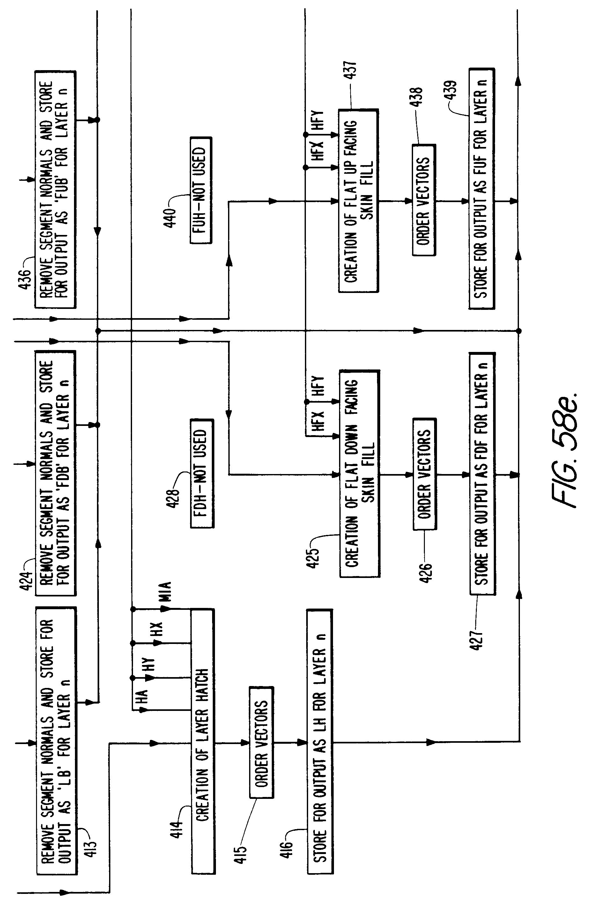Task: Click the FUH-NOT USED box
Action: coord(201,190)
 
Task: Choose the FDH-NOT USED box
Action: coord(202,473)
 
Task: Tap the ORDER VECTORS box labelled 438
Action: coord(424,200)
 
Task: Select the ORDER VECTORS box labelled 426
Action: coord(425,474)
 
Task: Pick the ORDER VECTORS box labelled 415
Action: coord(262,742)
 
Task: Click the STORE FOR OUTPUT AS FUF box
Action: coord(481,189)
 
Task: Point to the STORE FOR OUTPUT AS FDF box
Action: coord(482,473)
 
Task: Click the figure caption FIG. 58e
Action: coord(564,449)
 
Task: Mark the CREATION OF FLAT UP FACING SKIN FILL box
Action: coord(359,201)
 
